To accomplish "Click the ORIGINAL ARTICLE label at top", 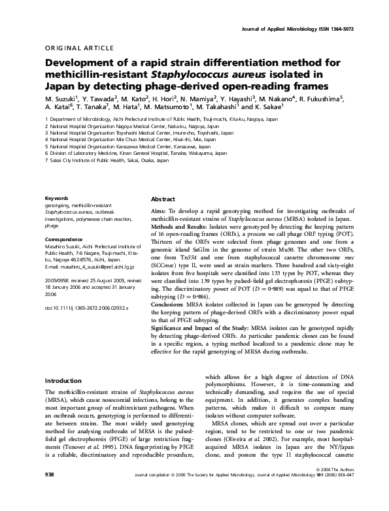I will tap(73, 48).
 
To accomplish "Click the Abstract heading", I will tap(163, 199).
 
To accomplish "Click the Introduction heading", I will tap(66, 380).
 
